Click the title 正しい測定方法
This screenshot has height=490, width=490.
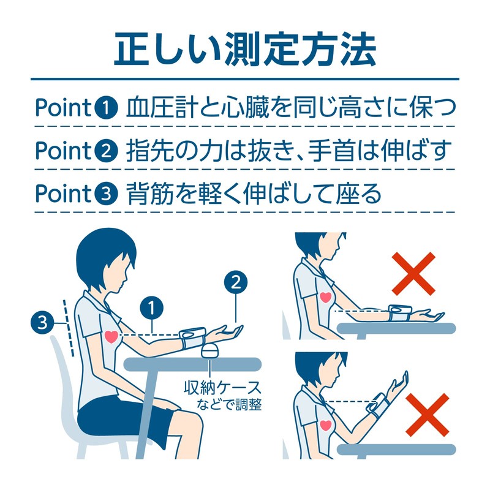click(x=245, y=50)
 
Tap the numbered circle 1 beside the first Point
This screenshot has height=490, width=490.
click(x=106, y=108)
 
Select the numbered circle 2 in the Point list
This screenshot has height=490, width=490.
click(x=106, y=151)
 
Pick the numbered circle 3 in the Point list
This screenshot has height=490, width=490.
click(x=106, y=194)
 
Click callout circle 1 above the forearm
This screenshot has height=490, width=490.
click(x=151, y=308)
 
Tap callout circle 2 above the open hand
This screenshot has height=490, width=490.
click(x=236, y=282)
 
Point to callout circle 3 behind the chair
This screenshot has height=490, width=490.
click(x=42, y=322)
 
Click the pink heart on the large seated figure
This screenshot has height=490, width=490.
click(x=111, y=337)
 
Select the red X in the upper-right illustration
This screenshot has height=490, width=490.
click(x=413, y=274)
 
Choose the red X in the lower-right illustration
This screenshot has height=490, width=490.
click(x=427, y=415)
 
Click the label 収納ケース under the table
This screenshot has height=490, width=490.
click(x=222, y=388)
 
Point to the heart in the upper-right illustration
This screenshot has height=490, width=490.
click(x=325, y=297)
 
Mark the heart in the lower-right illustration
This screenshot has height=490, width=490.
click(x=326, y=426)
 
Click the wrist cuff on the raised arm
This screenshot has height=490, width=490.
click(x=377, y=405)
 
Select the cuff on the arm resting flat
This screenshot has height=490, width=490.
click(x=400, y=312)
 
